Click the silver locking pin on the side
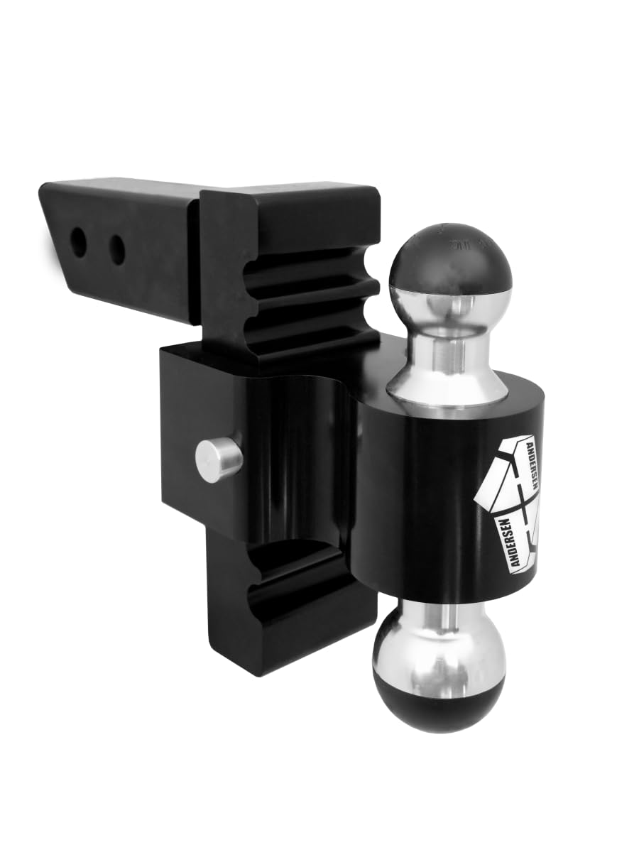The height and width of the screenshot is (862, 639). pyautogui.click(x=217, y=459)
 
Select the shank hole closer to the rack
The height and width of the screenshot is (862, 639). pyautogui.click(x=117, y=250)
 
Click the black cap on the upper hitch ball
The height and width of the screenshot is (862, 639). pyautogui.click(x=450, y=256)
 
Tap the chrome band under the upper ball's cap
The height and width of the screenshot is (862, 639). pyautogui.click(x=450, y=298)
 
